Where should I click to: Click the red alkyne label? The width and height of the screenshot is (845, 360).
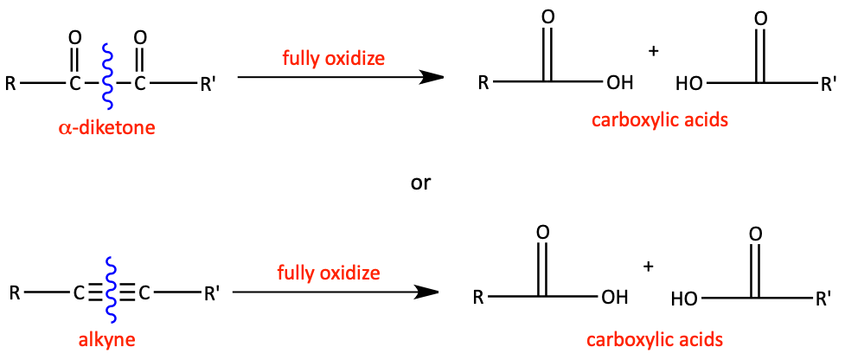tap(106, 339)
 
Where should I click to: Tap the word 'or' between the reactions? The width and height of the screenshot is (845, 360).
tap(421, 183)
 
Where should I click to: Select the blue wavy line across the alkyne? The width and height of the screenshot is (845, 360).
tap(111, 290)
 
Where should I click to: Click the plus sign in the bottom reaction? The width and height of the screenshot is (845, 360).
tap(650, 267)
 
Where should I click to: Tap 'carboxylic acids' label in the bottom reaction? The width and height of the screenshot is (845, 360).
tap(654, 339)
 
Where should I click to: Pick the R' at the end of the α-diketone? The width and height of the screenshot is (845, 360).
tap(208, 85)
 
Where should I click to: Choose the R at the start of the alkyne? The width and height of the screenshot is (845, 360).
tap(15, 293)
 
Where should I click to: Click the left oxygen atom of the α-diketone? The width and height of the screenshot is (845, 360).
tap(75, 38)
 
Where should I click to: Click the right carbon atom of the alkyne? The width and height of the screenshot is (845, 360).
tap(144, 293)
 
